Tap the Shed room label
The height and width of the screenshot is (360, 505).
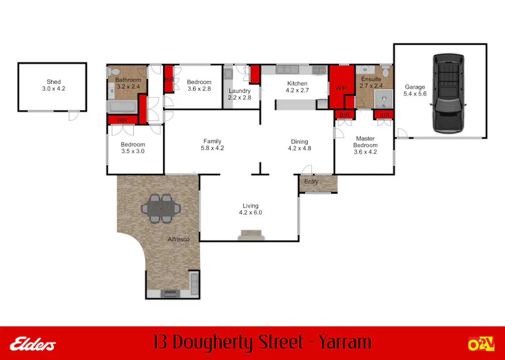(x=53, y=82)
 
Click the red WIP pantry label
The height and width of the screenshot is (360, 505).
(x=341, y=87)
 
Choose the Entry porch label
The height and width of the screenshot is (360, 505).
(x=311, y=182)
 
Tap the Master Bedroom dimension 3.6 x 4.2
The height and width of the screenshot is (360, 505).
(x=365, y=152)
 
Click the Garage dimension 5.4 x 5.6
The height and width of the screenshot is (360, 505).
(x=415, y=94)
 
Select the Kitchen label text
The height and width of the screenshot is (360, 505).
(x=297, y=83)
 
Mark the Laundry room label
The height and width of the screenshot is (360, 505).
(x=239, y=91)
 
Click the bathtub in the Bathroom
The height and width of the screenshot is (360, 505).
(x=123, y=107)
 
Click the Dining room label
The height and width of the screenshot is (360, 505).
(x=299, y=141)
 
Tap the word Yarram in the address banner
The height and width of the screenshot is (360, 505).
(x=344, y=342)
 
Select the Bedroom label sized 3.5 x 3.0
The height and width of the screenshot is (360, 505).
(x=133, y=145)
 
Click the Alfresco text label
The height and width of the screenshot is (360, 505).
(x=179, y=239)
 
